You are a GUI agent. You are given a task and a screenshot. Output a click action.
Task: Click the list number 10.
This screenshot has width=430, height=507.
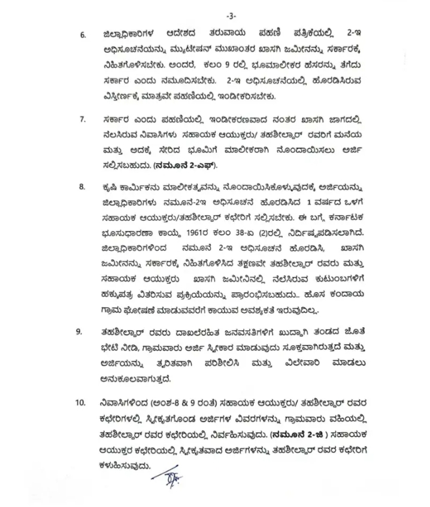[x=80, y=402]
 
